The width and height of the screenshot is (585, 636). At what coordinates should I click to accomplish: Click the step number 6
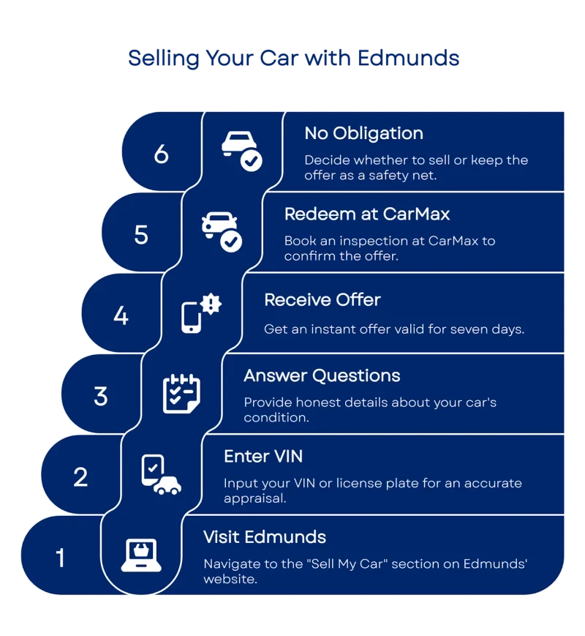(162, 154)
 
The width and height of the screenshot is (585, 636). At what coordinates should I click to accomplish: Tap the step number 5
(141, 234)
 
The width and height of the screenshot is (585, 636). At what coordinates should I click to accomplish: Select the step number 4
(121, 315)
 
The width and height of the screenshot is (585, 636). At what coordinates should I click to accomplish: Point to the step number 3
(101, 396)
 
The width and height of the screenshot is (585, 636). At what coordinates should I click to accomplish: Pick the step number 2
(80, 477)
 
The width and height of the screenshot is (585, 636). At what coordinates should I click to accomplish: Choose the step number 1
(60, 558)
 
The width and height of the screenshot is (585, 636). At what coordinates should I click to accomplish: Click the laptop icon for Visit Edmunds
(141, 555)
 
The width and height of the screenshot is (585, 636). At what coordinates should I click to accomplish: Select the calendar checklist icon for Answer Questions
(181, 394)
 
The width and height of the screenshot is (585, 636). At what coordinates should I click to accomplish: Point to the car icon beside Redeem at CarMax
(221, 231)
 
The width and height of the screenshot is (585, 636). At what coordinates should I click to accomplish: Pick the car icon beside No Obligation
(241, 150)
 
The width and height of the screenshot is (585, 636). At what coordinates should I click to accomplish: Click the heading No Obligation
(363, 133)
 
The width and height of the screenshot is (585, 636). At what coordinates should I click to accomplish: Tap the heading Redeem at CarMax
(367, 214)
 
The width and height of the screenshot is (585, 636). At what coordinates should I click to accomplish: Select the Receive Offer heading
(322, 299)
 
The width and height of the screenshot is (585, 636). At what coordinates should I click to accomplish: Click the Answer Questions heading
(322, 375)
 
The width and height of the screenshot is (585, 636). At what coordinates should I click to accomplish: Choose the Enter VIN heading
(263, 456)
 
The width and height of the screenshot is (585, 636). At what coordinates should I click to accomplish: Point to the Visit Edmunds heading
(265, 536)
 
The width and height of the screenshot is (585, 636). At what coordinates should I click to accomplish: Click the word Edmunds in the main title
(409, 58)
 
